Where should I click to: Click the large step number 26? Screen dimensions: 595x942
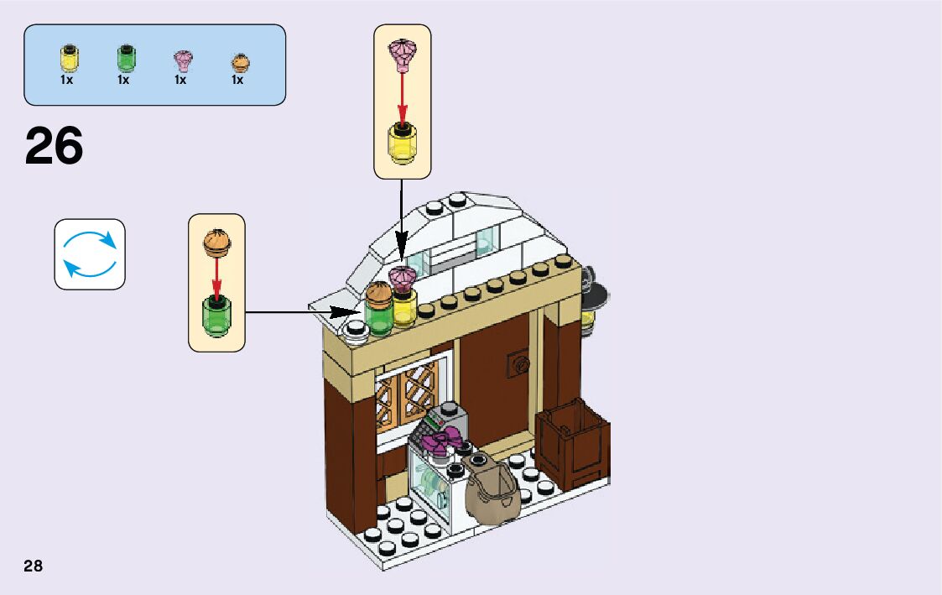(55, 146)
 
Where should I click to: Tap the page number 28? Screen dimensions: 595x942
(34, 566)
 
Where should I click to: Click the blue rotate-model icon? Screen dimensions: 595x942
(90, 254)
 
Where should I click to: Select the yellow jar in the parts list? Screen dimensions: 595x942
(67, 59)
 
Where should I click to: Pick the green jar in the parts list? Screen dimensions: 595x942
(125, 59)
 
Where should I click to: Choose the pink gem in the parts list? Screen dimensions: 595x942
(182, 60)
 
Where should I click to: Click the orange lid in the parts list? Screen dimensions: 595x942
(239, 62)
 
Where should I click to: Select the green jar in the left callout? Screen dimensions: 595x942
(216, 317)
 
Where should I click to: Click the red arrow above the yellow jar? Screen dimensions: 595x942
(402, 98)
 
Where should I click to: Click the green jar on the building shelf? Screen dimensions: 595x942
(377, 317)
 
